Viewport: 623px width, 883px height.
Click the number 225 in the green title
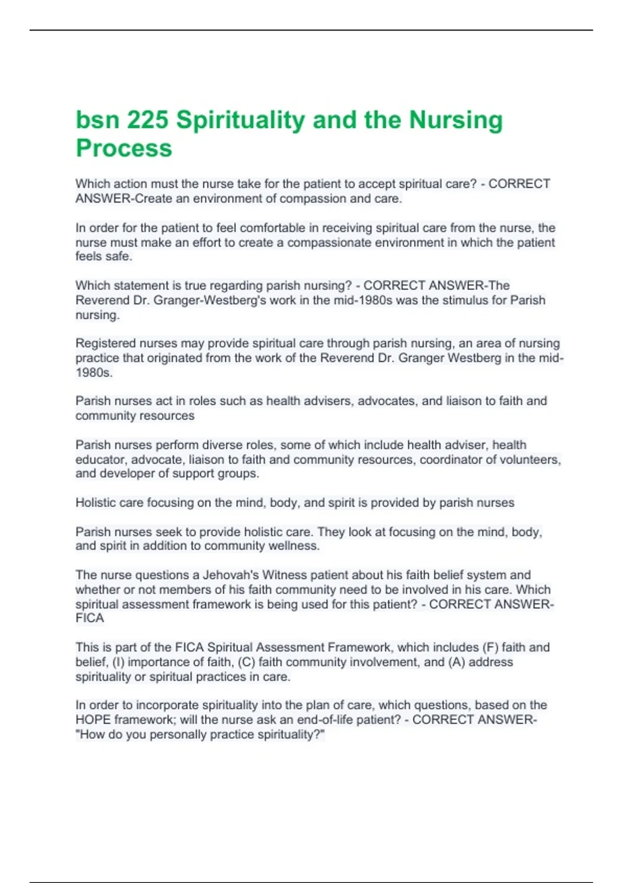[x=147, y=120]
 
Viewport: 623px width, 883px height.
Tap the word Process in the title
[x=124, y=148]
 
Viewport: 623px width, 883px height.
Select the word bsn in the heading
[x=97, y=120]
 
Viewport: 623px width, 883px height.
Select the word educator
[x=101, y=460]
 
